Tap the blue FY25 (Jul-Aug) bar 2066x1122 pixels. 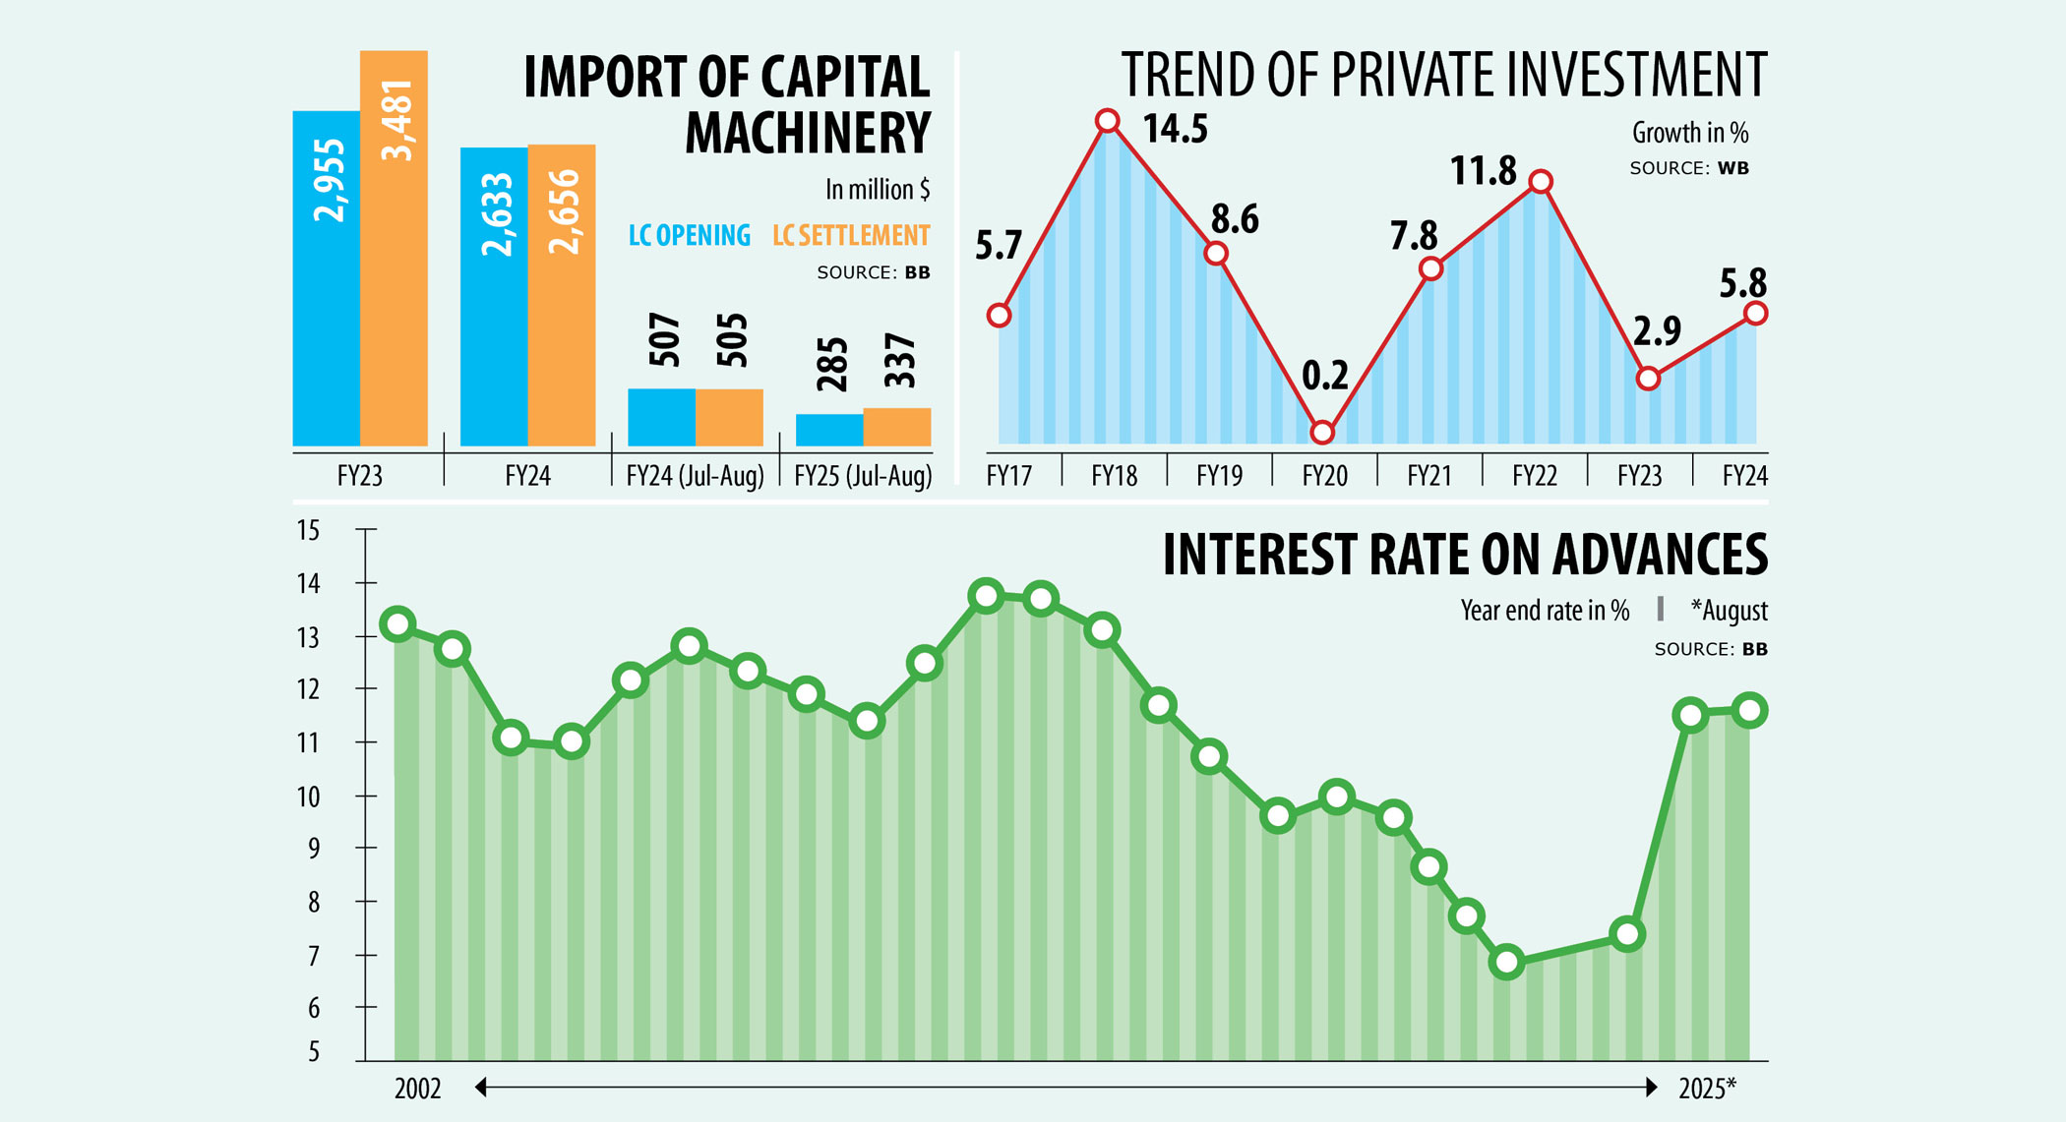(x=829, y=431)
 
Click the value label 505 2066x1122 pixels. (x=732, y=341)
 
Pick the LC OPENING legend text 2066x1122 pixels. (x=689, y=236)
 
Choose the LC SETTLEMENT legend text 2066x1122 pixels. (x=851, y=236)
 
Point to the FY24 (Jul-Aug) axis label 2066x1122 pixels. (x=696, y=477)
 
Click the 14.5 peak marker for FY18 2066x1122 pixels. (x=1107, y=121)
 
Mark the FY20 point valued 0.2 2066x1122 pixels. (x=1322, y=433)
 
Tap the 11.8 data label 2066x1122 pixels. (x=1484, y=172)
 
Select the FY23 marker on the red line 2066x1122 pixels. (x=1648, y=379)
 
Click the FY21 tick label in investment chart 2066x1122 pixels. (x=1429, y=477)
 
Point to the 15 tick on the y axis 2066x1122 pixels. (x=308, y=531)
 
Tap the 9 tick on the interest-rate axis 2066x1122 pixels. (x=314, y=849)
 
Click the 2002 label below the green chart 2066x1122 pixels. (x=417, y=1089)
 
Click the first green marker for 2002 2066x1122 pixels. (x=398, y=624)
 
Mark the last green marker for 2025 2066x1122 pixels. (x=1750, y=710)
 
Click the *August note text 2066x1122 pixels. (x=1729, y=611)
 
